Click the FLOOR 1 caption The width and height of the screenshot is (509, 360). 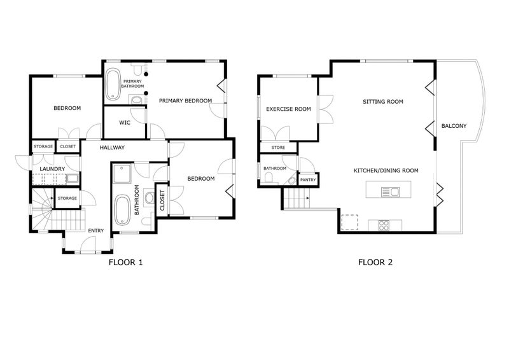125,261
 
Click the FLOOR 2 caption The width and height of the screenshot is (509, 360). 377,261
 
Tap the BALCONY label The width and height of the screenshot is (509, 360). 454,126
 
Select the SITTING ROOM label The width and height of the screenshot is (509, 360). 383,101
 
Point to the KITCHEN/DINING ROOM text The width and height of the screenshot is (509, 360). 386,170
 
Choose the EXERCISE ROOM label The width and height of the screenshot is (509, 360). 288,109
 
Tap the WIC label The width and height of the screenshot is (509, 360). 125,122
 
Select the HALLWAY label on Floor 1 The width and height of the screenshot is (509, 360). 111,148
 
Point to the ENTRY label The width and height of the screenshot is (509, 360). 96,230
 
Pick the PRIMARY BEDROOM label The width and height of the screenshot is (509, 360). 185,100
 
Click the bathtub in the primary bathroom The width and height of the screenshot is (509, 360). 113,85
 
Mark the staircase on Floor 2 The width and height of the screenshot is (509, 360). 296,200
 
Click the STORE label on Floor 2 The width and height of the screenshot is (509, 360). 278,148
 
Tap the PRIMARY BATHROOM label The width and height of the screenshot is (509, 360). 132,83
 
